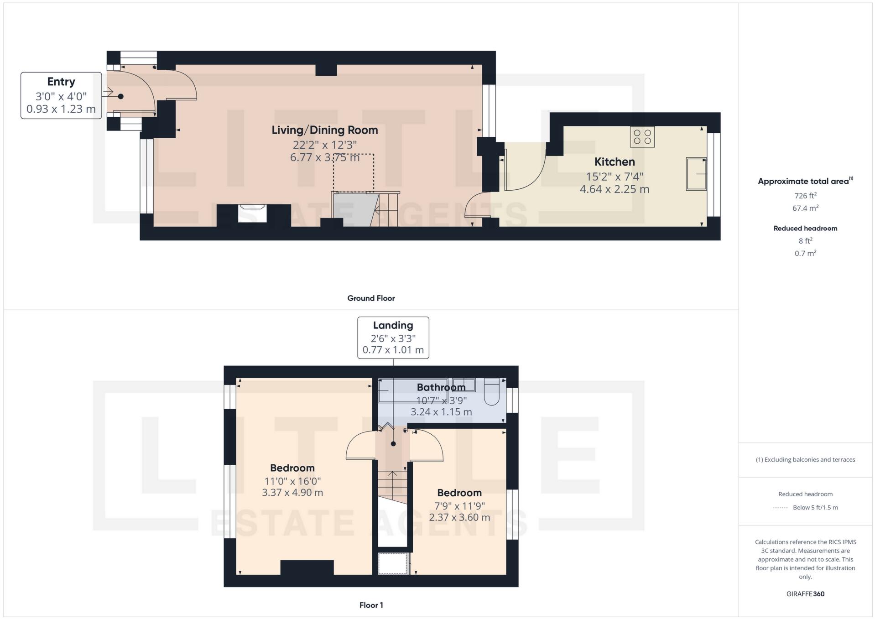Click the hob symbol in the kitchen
pos(642,137)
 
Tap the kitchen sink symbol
pos(696,174)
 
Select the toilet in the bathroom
pos(492,392)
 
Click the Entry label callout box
pos(61,95)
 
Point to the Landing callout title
pos(393,325)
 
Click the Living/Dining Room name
pos(324,130)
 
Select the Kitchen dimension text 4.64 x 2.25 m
pos(614,189)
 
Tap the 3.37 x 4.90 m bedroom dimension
pos(292,493)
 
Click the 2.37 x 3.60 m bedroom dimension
pos(459,517)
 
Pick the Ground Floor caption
pos(371,298)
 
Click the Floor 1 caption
pos(371,605)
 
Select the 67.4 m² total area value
pos(805,208)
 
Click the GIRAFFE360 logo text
pos(805,594)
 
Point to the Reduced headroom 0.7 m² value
pos(805,253)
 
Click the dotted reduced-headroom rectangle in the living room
pos(354,172)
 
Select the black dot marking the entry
pos(121,97)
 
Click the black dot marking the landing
pos(393,444)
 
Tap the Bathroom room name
pos(441,387)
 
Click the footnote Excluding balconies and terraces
pos(805,460)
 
